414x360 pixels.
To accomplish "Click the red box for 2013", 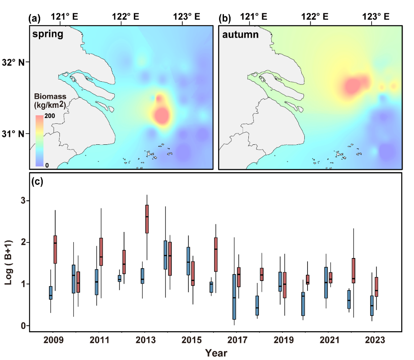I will pyautogui.click(x=147, y=219).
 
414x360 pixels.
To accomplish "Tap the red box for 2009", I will pyautogui.click(x=55, y=249).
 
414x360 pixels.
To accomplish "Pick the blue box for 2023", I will pyautogui.click(x=372, y=306).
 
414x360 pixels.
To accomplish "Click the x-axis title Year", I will pyautogui.click(x=216, y=353).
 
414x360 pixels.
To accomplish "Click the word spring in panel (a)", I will pyautogui.click(x=47, y=34).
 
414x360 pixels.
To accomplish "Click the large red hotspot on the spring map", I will pyautogui.click(x=161, y=115).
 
